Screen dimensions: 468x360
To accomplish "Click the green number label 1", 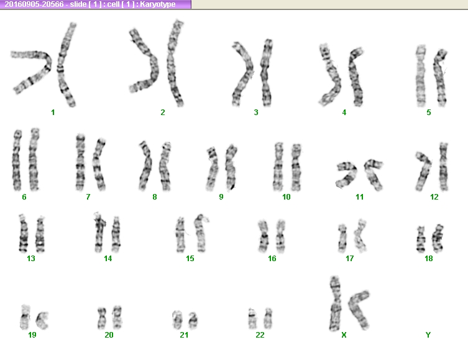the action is click(53, 113).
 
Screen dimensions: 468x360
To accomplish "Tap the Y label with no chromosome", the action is click(428, 335).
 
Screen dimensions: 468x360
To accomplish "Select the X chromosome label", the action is click(344, 335).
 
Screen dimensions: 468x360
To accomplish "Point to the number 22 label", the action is click(260, 335).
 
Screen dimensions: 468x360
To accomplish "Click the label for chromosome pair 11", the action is click(360, 197).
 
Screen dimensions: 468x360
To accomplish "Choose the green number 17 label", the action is click(349, 258).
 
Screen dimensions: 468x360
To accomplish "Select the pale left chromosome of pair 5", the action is click(421, 76).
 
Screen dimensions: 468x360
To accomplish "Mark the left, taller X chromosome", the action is click(336, 303).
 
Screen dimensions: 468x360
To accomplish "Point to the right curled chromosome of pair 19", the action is click(41, 320).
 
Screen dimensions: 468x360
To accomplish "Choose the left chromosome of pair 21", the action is click(177, 320).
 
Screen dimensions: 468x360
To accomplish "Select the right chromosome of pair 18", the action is click(438, 239).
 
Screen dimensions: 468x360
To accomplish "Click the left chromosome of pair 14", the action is click(100, 233).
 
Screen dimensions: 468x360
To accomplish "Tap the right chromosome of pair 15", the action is click(200, 233).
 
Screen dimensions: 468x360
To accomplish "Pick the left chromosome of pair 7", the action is click(80, 162).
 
